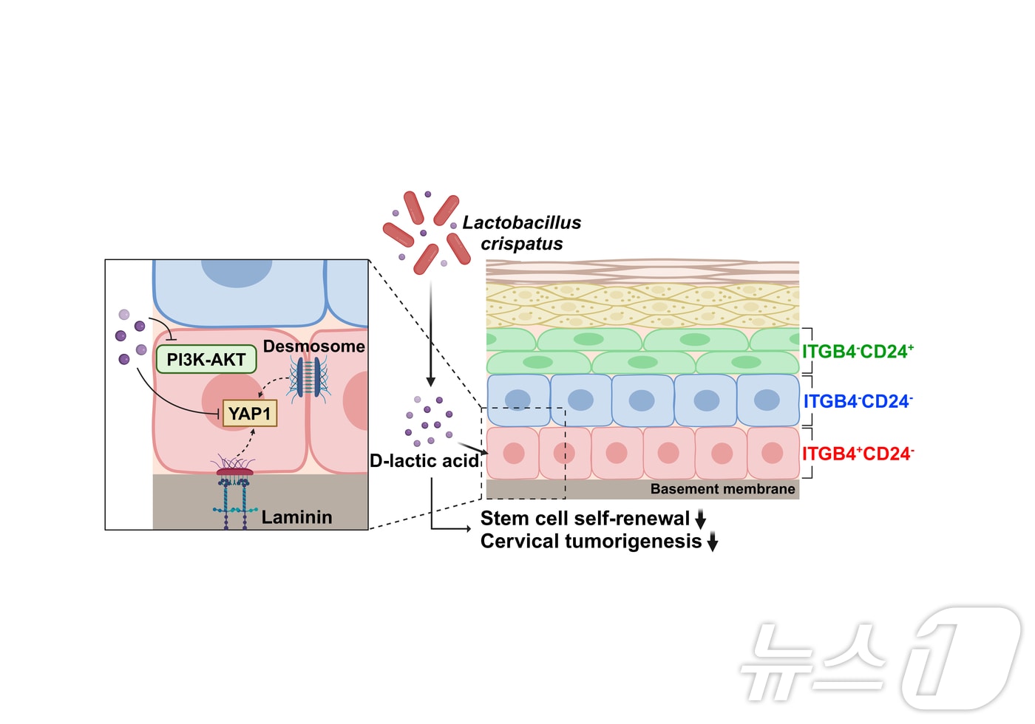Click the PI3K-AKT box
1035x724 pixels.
(206, 360)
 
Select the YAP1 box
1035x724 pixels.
(250, 414)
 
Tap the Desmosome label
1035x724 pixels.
(313, 346)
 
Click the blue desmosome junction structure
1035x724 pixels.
(308, 377)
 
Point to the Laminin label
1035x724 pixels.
(296, 517)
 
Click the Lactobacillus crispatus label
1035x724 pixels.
(522, 233)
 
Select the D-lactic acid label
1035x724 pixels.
(424, 461)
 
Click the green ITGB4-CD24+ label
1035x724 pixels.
(858, 352)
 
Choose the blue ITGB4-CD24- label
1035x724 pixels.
(858, 402)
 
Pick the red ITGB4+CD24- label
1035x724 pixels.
(858, 454)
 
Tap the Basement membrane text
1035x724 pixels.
(722, 489)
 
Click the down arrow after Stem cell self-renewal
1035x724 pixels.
(700, 519)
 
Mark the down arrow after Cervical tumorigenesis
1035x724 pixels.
(713, 542)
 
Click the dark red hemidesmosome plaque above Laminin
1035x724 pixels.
(234, 471)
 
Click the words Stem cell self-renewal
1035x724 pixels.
(585, 519)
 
